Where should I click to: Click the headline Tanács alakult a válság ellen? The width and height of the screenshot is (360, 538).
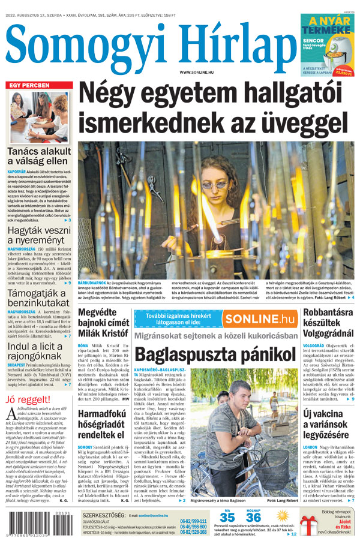pyautogui.click(x=39, y=155)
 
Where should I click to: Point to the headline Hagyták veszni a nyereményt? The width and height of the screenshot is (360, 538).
pyautogui.click(x=37, y=233)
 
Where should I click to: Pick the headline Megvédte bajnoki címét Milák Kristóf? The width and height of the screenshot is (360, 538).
pyautogui.click(x=103, y=324)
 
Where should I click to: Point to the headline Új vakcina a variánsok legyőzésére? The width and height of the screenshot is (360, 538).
pyautogui.click(x=328, y=423)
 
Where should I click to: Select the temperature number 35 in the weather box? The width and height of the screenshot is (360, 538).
pyautogui.click(x=227, y=517)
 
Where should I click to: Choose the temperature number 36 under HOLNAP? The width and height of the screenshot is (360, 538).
pyautogui.click(x=253, y=517)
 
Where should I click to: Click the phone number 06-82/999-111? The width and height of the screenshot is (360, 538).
pyautogui.click(x=193, y=521)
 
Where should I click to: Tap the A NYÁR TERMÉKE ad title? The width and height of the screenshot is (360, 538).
pyautogui.click(x=328, y=27)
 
